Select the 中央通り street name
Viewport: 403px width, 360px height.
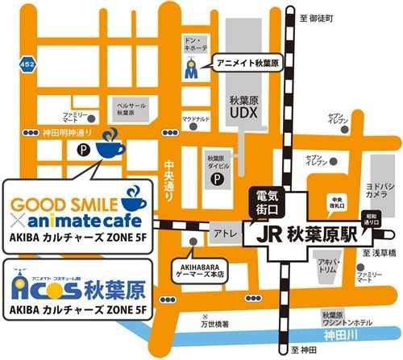point(169,173)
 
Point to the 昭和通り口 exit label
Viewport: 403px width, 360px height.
point(372,221)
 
